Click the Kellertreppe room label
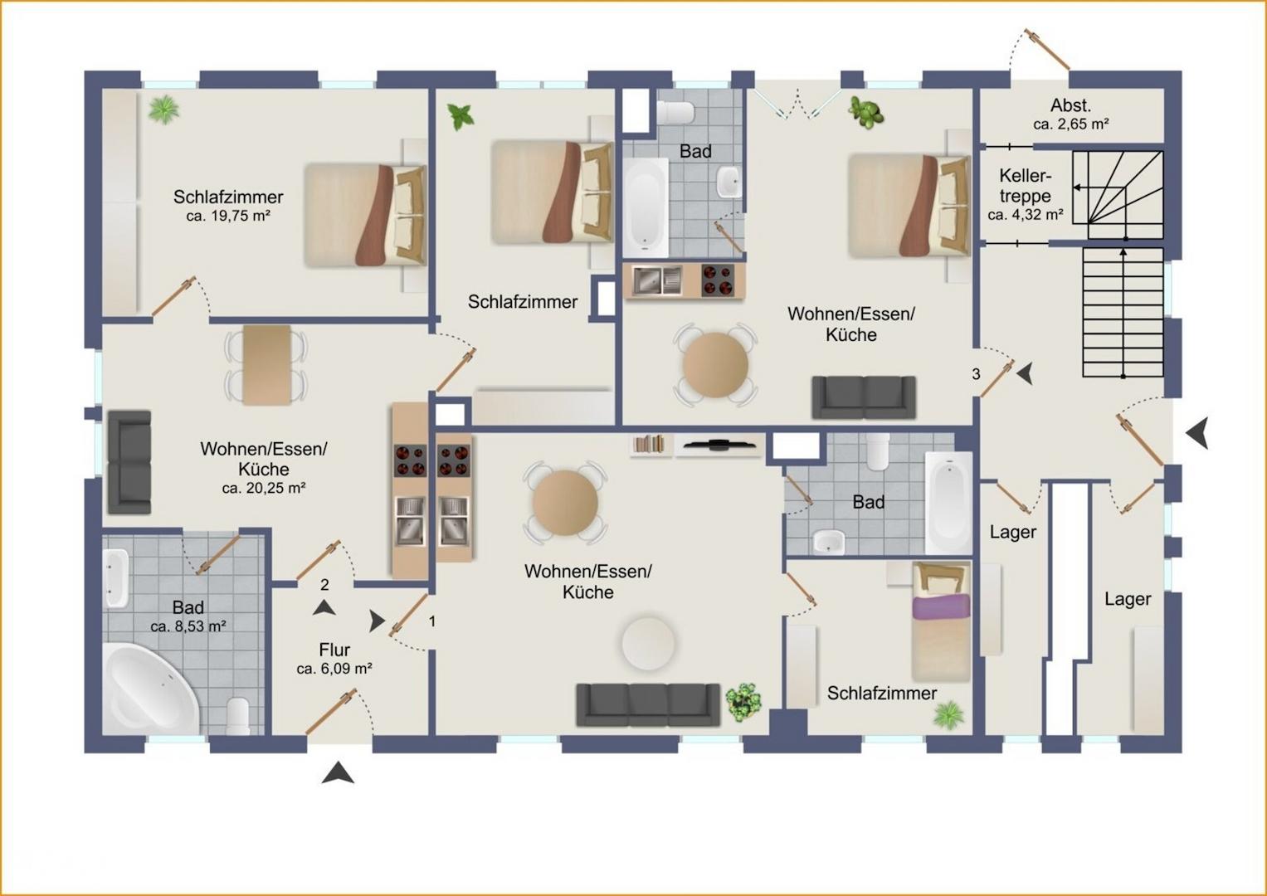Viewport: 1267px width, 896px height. click(x=1025, y=186)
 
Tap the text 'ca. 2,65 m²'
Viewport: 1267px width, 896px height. click(x=1070, y=124)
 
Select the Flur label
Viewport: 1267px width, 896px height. click(x=334, y=650)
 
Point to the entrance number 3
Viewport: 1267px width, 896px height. click(x=976, y=374)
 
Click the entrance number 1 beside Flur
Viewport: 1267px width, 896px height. click(x=432, y=621)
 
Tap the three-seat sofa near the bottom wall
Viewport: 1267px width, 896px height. click(x=648, y=705)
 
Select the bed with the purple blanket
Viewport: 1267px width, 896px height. click(x=941, y=621)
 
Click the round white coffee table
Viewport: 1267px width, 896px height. click(x=648, y=644)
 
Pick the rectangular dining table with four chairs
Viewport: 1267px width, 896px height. click(x=266, y=365)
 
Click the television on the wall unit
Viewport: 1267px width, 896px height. click(x=719, y=445)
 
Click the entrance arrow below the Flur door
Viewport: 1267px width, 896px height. click(x=338, y=772)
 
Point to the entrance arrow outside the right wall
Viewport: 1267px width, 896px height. click(x=1197, y=433)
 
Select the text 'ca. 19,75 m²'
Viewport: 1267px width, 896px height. click(x=228, y=216)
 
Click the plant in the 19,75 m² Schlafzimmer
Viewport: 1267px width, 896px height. click(x=163, y=110)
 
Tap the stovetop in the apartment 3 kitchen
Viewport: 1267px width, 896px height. click(x=718, y=280)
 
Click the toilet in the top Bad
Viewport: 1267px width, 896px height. click(x=675, y=112)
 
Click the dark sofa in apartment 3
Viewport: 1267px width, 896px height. click(x=864, y=397)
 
